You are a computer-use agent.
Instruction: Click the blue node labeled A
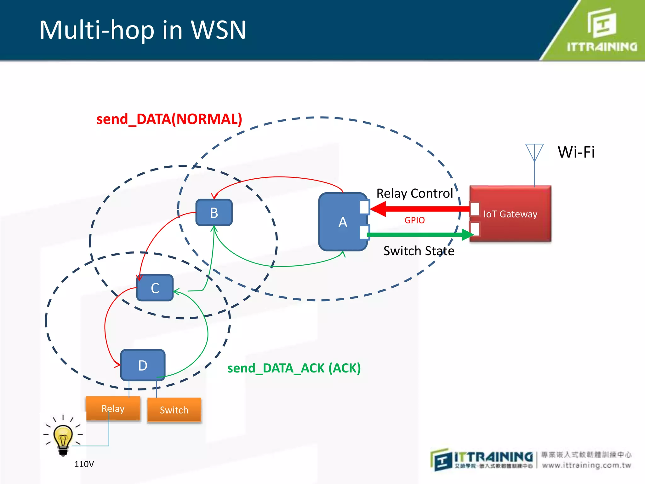click(343, 222)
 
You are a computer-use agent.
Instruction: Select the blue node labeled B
click(214, 213)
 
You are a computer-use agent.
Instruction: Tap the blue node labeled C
click(155, 288)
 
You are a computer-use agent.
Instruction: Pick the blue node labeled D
click(143, 365)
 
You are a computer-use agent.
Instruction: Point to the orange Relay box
click(113, 408)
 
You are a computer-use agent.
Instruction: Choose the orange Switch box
click(174, 410)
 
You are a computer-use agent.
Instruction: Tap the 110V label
click(84, 464)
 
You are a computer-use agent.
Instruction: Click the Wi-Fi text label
click(576, 152)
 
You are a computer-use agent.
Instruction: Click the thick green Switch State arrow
click(419, 234)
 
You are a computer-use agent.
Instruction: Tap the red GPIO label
click(414, 220)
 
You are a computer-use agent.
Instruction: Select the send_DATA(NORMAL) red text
click(169, 119)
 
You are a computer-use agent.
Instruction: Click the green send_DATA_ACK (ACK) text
click(294, 368)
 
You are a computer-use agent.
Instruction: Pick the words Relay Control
click(414, 193)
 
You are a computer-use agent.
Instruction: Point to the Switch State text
click(419, 251)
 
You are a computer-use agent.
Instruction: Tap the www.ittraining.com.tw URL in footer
click(586, 465)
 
